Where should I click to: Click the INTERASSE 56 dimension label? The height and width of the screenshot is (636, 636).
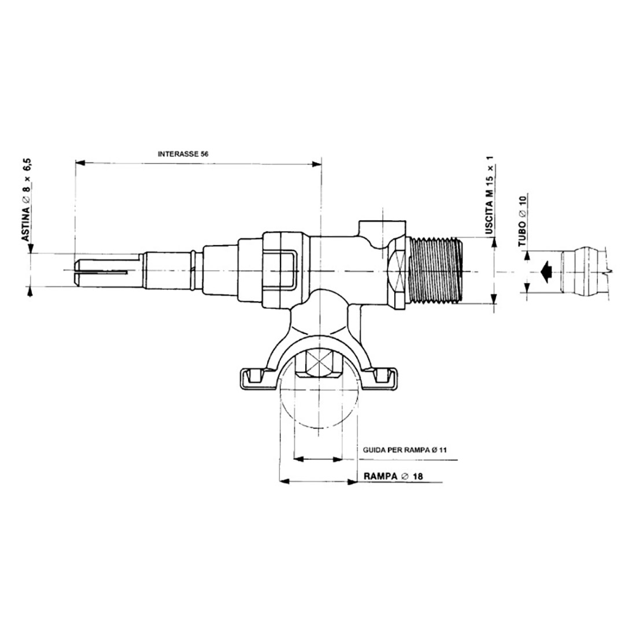(183, 154)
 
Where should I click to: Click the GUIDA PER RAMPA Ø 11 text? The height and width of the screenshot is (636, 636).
(405, 449)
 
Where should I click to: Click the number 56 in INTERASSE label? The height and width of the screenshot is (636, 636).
(204, 154)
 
